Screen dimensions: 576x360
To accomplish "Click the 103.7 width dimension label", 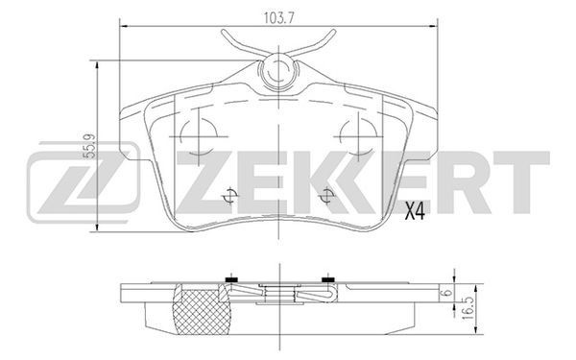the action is point(279,17).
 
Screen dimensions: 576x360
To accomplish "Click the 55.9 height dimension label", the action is point(89,146).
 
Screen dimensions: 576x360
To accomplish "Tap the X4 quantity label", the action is point(415,211).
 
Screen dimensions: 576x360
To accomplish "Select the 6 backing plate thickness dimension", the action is point(447,293).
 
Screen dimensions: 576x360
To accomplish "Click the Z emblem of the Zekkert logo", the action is point(84,182).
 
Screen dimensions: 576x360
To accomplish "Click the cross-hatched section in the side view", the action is point(202,311).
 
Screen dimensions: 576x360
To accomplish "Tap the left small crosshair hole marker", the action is point(230,196).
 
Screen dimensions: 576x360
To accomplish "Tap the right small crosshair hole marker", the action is point(326,196).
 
